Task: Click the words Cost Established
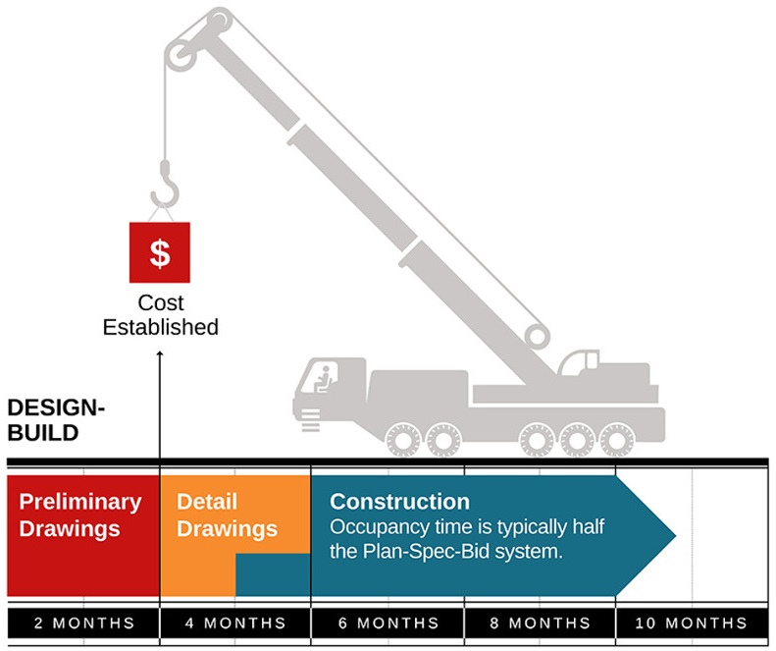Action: click(161, 315)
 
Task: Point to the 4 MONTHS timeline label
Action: click(234, 624)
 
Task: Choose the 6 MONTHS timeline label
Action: click(387, 624)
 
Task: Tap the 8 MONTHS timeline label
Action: click(540, 624)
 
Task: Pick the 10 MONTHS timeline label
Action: click(692, 624)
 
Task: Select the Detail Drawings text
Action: click(227, 515)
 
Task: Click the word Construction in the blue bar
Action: click(399, 502)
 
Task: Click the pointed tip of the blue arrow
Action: click(674, 536)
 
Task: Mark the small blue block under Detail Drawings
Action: click(273, 574)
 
